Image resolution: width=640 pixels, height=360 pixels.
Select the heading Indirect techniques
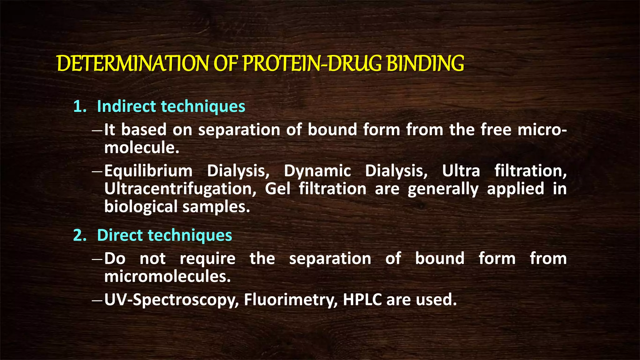tap(171, 106)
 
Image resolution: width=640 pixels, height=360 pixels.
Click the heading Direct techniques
tap(164, 235)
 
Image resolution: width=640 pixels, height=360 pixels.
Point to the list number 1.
tap(79, 107)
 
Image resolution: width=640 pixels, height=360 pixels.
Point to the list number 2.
tap(79, 235)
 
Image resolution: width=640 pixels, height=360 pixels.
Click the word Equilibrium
tap(148, 171)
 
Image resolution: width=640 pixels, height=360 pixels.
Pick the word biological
tap(141, 207)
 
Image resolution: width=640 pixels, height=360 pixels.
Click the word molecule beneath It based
tap(142, 147)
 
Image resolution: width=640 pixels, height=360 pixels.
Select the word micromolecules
tap(167, 277)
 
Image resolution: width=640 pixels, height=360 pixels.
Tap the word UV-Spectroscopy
tap(171, 300)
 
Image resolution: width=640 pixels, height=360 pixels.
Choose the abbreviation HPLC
tap(362, 299)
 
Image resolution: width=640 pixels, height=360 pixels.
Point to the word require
tap(207, 259)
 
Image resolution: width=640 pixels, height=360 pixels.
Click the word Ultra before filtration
tap(461, 171)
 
